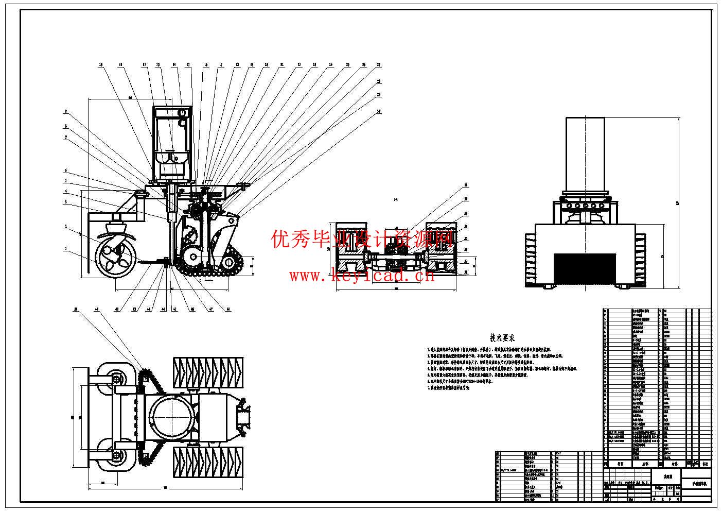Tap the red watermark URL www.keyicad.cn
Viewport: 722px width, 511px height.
tap(362, 276)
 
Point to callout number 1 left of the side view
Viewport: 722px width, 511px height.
tap(66, 249)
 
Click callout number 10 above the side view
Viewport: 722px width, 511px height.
tap(101, 65)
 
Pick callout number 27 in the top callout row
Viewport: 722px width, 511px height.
tap(378, 65)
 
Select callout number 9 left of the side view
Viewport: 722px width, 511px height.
tap(66, 111)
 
